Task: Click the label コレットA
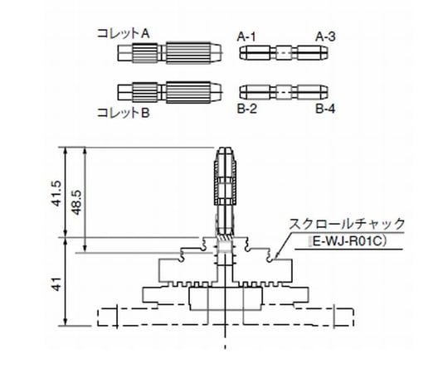124,34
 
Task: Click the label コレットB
124,111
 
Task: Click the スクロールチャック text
347,224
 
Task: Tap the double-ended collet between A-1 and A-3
284,53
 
